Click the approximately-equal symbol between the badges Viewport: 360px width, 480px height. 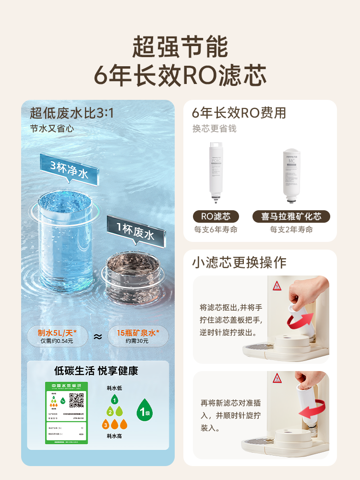pos(98,336)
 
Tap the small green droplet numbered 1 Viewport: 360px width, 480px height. pos(114,399)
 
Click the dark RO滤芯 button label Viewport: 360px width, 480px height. pos(216,216)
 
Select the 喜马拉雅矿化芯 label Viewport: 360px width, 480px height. pos(291,216)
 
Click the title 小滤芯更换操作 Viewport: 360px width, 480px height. pos(239,263)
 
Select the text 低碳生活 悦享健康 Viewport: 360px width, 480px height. pos(96,371)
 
